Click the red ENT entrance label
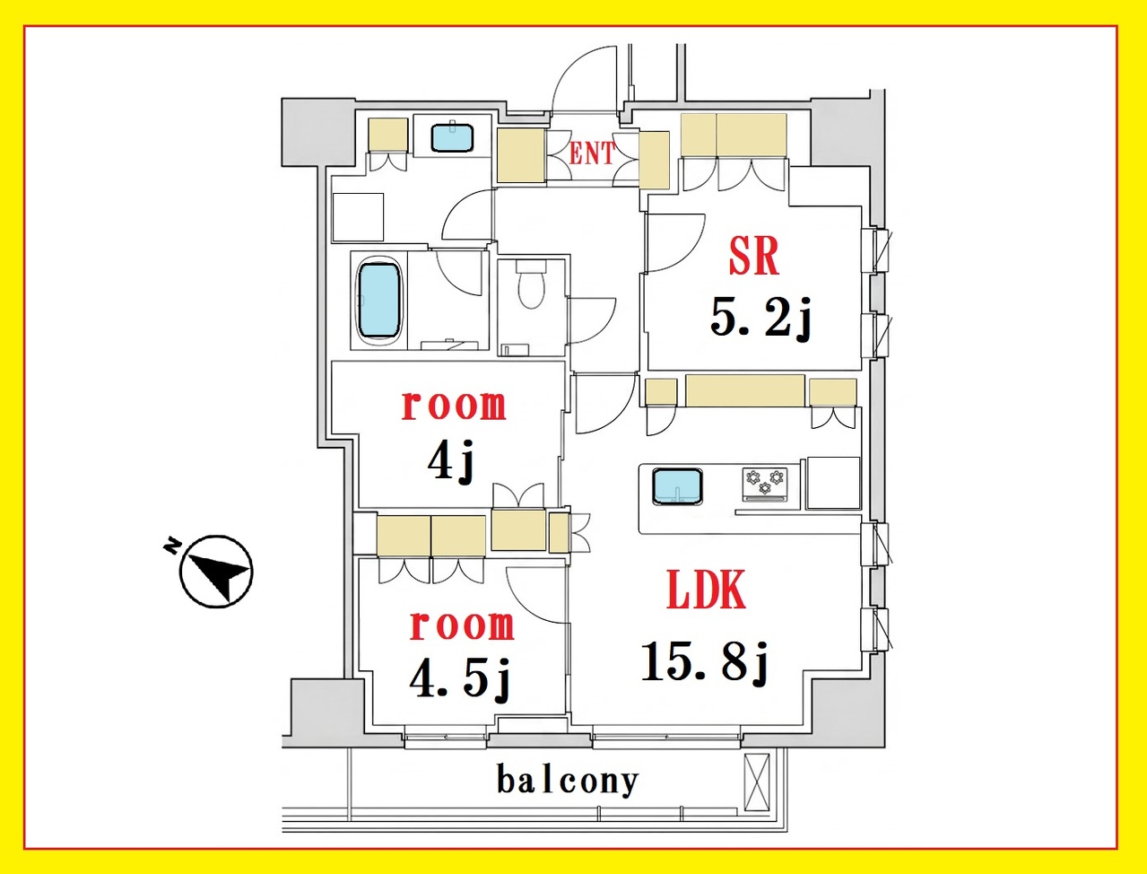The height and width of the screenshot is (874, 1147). pos(592,153)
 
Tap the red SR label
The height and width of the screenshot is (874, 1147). pos(753,257)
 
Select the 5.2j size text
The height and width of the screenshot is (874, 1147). pos(760,319)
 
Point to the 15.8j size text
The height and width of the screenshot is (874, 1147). pos(706,662)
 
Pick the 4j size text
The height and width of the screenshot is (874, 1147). pos(450,461)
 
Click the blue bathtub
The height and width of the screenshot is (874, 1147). pos(379,300)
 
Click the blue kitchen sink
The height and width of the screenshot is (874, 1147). pos(677,486)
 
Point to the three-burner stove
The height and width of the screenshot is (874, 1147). pos(766,485)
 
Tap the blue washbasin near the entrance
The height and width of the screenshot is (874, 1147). pos(453,137)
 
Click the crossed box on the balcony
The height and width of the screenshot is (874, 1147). pos(757,782)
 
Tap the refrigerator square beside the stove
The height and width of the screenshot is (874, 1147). pos(833,483)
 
